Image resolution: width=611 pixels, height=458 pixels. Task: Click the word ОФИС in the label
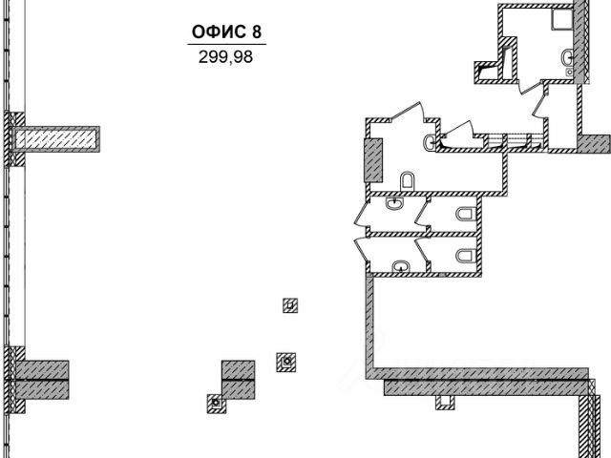click(x=219, y=31)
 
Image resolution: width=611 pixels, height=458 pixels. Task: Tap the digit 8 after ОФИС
click(x=257, y=31)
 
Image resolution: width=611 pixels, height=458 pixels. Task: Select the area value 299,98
click(x=225, y=57)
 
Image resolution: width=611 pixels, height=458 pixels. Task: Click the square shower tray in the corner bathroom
click(x=561, y=19)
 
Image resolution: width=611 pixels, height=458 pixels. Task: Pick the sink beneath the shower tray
click(x=567, y=58)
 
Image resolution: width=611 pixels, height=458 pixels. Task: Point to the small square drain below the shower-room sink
click(x=569, y=72)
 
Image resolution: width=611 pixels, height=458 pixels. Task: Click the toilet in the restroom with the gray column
click(x=408, y=181)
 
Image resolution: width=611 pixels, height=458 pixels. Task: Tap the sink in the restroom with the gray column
click(x=430, y=142)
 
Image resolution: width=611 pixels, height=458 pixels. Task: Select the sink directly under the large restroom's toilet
click(x=395, y=203)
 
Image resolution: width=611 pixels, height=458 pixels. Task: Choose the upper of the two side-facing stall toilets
click(x=466, y=214)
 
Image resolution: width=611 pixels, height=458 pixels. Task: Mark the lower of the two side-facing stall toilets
click(x=466, y=256)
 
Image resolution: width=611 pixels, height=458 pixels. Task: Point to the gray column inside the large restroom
click(x=373, y=160)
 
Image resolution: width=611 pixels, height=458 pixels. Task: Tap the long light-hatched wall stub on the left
click(x=57, y=139)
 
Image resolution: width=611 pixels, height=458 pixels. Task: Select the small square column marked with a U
click(x=290, y=305)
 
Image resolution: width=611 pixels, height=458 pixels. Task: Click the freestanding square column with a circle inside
click(x=286, y=362)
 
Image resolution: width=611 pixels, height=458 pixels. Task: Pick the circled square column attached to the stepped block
click(x=217, y=404)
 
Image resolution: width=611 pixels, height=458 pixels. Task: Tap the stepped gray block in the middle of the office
click(x=238, y=380)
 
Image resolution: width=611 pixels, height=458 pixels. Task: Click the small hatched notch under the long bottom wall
click(x=445, y=403)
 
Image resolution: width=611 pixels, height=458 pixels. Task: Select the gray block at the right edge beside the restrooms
click(x=594, y=143)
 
